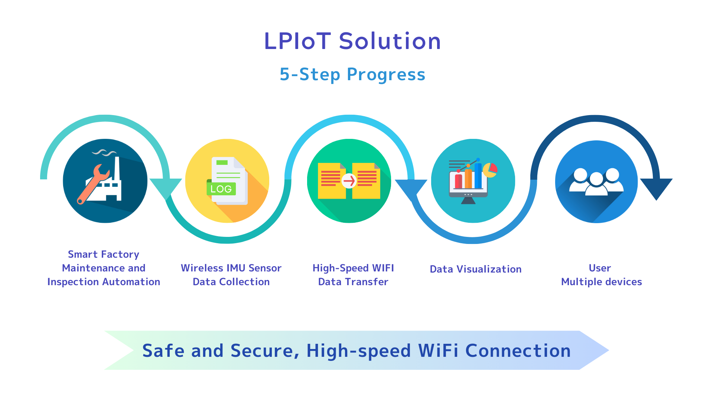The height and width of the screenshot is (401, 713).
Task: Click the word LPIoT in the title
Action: pos(297,41)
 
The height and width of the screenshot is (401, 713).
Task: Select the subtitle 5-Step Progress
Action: pos(352,74)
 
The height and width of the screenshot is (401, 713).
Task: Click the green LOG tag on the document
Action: pos(221,189)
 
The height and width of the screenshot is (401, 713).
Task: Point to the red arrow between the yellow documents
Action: pos(349,181)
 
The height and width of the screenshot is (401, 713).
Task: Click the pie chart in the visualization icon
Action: pos(490,170)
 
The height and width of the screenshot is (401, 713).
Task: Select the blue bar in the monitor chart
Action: pos(478,175)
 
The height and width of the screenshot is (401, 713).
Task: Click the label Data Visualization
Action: pos(476,269)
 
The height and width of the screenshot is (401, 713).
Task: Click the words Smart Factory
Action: pos(104,254)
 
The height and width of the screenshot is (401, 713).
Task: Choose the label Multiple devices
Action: pos(602,282)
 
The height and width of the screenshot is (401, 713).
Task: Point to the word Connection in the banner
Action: pos(518,351)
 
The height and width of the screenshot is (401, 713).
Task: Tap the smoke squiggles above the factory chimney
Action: pos(104,152)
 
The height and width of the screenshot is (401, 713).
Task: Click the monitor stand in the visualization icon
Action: pos(468,201)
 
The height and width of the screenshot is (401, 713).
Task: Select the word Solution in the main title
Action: pos(390,41)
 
